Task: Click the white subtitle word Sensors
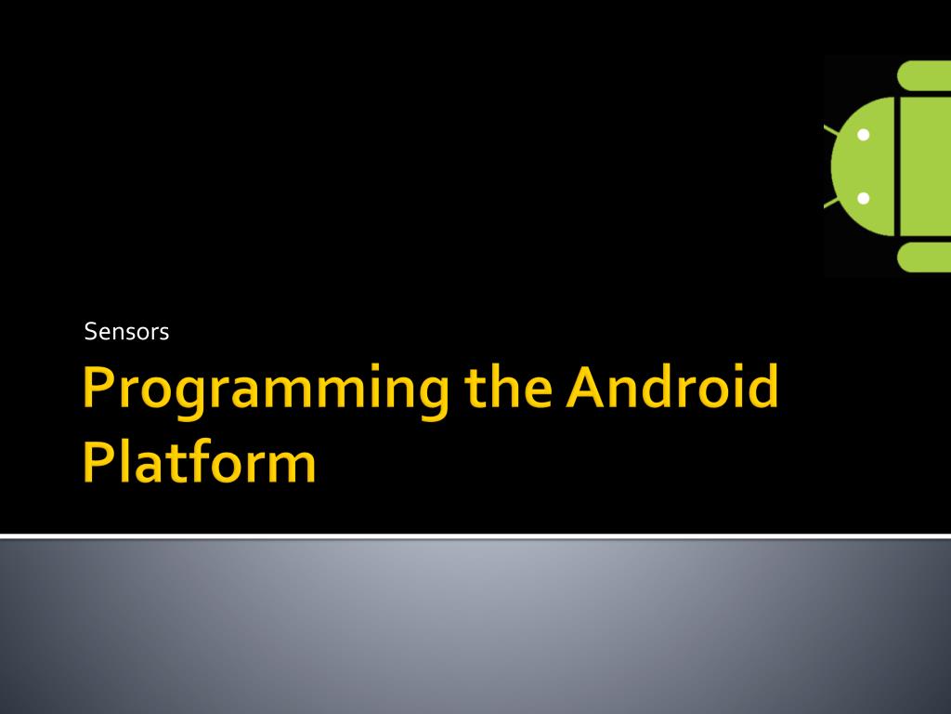tap(126, 332)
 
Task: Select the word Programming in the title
tap(266, 390)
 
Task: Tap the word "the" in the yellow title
tap(508, 387)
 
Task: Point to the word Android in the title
tap(671, 387)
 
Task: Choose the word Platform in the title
tap(200, 461)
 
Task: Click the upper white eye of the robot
tap(863, 135)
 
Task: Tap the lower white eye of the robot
tap(863, 198)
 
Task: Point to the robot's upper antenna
tap(831, 129)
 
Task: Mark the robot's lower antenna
tap(831, 203)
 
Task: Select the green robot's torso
tap(926, 166)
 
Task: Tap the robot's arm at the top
tap(924, 75)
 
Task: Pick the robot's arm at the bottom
tap(924, 257)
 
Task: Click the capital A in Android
tap(588, 388)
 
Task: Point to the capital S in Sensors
tap(91, 332)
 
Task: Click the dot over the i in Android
tap(731, 369)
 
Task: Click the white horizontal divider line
tap(475, 536)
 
